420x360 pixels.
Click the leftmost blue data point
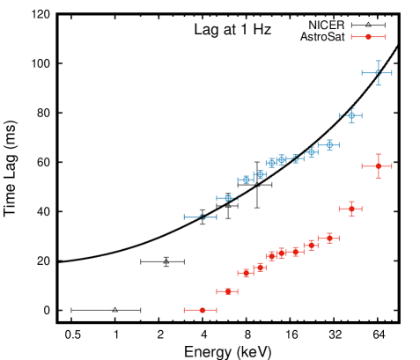(x=202, y=217)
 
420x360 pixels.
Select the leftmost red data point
(x=202, y=310)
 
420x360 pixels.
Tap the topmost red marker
(x=368, y=37)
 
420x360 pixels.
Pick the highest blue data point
(x=377, y=73)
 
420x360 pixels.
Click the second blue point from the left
(x=228, y=198)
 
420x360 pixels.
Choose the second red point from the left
(x=228, y=291)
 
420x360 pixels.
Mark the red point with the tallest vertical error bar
(x=378, y=165)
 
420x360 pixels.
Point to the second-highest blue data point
(x=351, y=115)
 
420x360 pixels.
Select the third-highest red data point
(x=351, y=209)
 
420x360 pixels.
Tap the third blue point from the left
(x=246, y=180)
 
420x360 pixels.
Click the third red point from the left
(x=246, y=273)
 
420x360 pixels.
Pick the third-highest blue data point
(x=329, y=144)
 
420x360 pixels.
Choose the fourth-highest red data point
(x=329, y=238)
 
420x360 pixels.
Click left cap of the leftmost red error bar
(x=184, y=310)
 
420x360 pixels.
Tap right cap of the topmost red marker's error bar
(x=385, y=37)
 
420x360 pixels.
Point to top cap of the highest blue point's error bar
(x=377, y=61)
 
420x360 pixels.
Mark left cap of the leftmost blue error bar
(x=184, y=217)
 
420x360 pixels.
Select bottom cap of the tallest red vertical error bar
(x=378, y=178)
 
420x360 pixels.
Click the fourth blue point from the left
(x=260, y=174)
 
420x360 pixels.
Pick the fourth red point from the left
(x=260, y=268)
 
